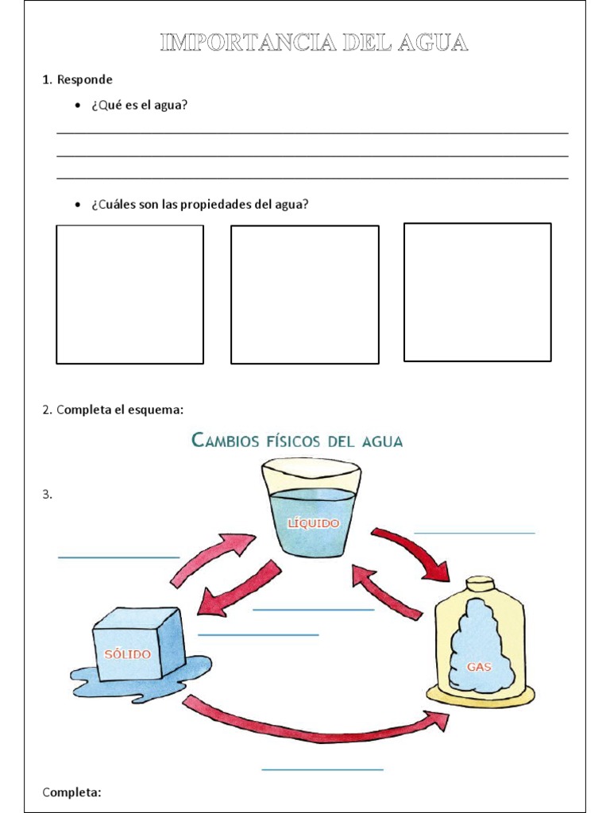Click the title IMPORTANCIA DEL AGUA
[x=314, y=43]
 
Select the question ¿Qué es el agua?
[x=139, y=105]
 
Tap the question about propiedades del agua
[x=199, y=204]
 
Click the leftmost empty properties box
[x=129, y=295]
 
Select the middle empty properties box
[x=304, y=295]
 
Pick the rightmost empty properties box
[x=477, y=292]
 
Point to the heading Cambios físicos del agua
[x=298, y=441]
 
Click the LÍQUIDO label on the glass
[x=313, y=523]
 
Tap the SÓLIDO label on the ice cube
[x=127, y=654]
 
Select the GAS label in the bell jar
[x=479, y=667]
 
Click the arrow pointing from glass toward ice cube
[x=236, y=589]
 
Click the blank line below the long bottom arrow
[x=322, y=769]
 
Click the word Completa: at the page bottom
[x=71, y=792]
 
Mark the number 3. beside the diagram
[x=47, y=494]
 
